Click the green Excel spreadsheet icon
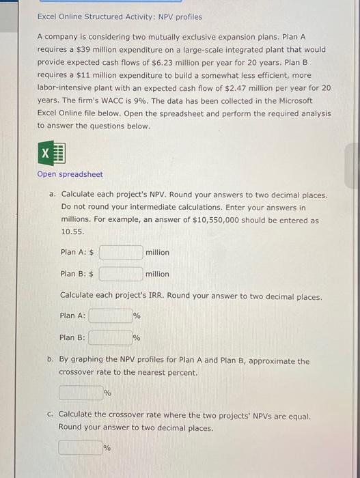51,154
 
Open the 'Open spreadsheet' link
70,174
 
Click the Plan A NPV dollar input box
121,253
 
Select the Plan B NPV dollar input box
121,274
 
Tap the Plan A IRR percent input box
110,315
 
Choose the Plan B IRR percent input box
110,337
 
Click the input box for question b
80,393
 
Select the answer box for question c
80,448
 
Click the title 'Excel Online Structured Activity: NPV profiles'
120,16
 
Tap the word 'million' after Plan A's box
157,253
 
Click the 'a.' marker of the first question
52,195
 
